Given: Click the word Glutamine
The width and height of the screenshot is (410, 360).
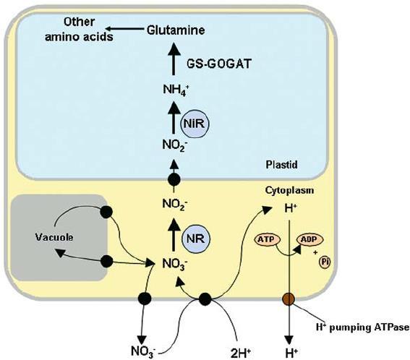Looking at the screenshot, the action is click(x=176, y=30).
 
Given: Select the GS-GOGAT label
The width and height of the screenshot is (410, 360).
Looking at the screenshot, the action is click(x=219, y=64).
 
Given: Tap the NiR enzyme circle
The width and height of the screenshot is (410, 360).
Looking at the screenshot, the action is click(x=195, y=124).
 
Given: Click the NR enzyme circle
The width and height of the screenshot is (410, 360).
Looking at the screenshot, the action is click(x=196, y=239).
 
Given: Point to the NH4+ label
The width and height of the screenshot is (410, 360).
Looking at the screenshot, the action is click(x=176, y=90).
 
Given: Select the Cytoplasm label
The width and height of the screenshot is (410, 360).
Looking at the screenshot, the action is click(x=289, y=190).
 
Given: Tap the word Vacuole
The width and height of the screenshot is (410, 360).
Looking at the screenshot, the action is click(x=54, y=237).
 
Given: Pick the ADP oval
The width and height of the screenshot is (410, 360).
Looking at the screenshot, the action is click(x=310, y=239).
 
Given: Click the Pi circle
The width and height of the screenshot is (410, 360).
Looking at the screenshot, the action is click(x=325, y=262).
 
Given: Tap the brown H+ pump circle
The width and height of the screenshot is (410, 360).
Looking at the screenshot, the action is click(x=289, y=299).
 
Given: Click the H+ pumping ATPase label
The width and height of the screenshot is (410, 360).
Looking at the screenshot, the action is click(x=362, y=327).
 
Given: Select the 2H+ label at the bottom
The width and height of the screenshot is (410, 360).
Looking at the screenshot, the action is click(x=241, y=353).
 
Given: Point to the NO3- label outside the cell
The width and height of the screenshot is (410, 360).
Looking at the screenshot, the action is click(x=144, y=351).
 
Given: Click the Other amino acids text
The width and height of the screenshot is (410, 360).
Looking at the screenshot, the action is click(x=80, y=30).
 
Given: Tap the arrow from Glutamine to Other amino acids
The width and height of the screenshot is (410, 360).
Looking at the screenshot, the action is click(x=125, y=29).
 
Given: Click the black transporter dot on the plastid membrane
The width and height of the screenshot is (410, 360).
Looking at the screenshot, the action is click(x=174, y=179).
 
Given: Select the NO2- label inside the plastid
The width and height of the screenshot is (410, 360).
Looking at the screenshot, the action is click(x=175, y=145).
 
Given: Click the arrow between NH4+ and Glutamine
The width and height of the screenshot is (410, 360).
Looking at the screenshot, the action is click(x=174, y=60).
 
